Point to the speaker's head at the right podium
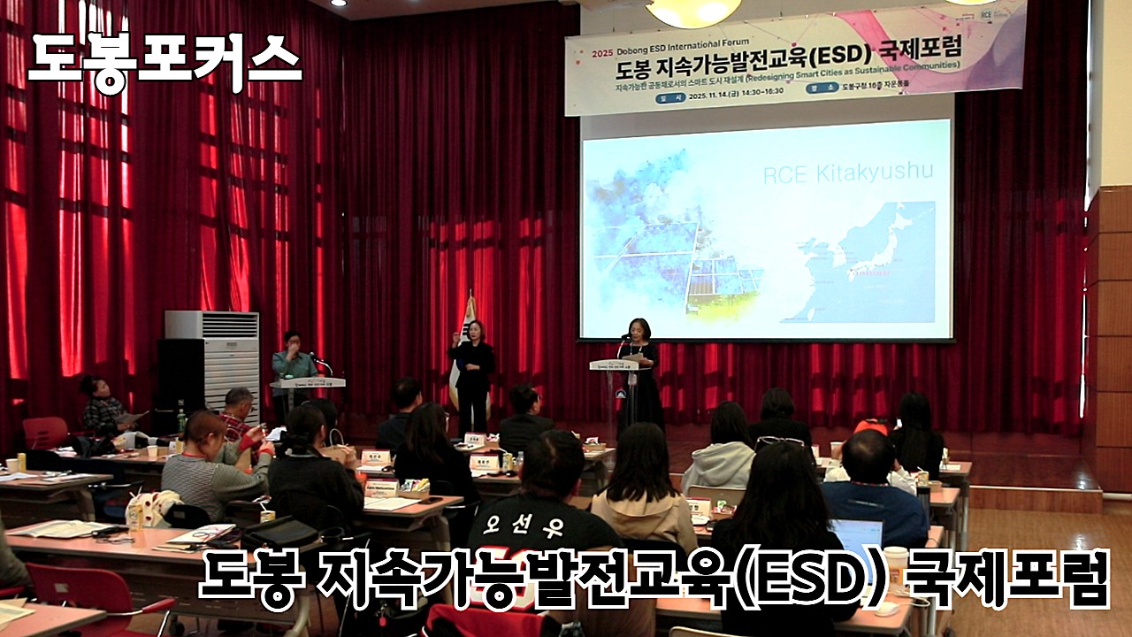pyautogui.click(x=638, y=326)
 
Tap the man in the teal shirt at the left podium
pyautogui.click(x=292, y=363)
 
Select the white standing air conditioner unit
pyautogui.click(x=212, y=363)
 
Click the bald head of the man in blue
pyautogui.click(x=863, y=451)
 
